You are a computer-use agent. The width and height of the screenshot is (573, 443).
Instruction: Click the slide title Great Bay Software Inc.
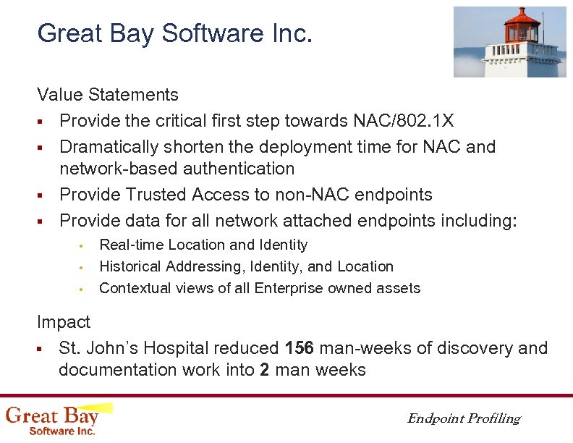tap(174, 33)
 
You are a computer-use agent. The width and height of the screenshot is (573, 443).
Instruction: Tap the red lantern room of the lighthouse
tap(522, 28)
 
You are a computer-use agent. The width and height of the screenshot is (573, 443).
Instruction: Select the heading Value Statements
tap(108, 95)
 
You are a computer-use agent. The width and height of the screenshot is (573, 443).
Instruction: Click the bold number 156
tap(300, 348)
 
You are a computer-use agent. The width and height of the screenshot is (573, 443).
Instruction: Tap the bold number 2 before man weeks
tap(264, 371)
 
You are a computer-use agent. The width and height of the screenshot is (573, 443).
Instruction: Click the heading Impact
tap(64, 322)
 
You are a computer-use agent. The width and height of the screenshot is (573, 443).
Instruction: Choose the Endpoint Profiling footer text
tap(463, 418)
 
